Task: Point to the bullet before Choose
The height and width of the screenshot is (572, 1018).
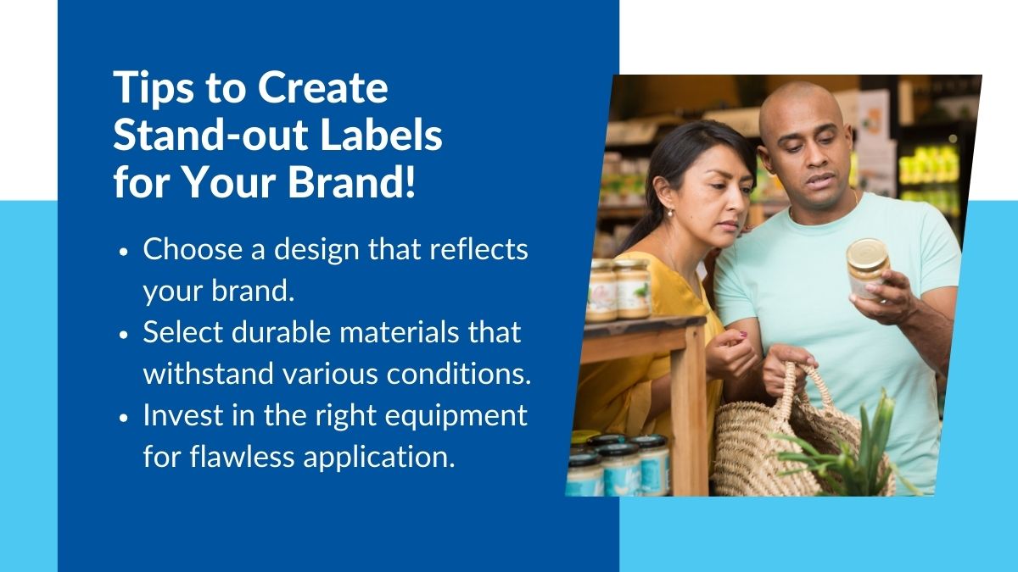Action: click(125, 253)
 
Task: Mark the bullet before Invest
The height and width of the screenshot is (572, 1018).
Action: click(125, 417)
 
